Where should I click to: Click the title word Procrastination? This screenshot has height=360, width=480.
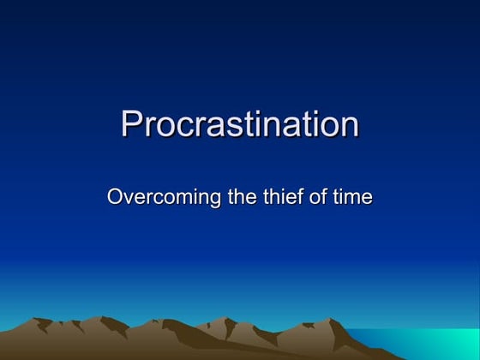pyautogui.click(x=240, y=125)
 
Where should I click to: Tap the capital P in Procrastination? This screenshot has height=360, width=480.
pyautogui.click(x=131, y=124)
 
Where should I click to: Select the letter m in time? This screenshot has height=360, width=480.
pyautogui.click(x=351, y=198)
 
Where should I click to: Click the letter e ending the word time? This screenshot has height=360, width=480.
pyautogui.click(x=367, y=198)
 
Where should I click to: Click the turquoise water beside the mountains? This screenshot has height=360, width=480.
pyautogui.click(x=429, y=343)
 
